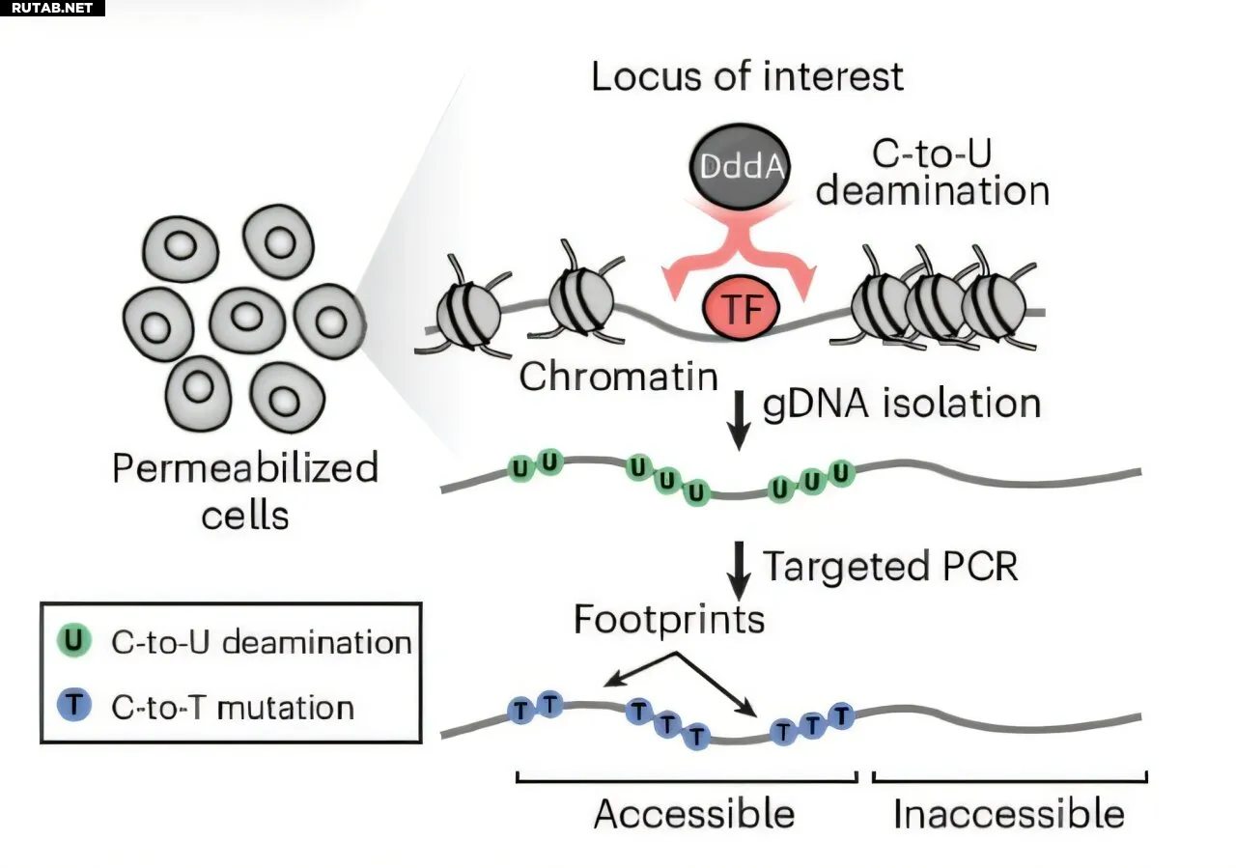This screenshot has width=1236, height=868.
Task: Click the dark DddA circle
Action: click(741, 170)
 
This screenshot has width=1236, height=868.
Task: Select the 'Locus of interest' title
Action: click(747, 76)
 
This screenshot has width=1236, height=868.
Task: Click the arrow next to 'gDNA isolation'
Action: click(739, 417)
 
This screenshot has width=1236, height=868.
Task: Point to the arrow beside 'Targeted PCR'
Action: click(739, 569)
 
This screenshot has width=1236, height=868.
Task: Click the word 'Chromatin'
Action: click(619, 377)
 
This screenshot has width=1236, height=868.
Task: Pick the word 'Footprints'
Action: click(668, 619)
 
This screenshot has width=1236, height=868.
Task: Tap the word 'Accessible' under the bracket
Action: click(693, 814)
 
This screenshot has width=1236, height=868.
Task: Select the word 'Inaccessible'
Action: click(1009, 814)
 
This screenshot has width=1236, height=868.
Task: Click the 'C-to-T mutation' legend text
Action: click(233, 708)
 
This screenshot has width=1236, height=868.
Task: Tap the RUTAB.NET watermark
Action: click(52, 9)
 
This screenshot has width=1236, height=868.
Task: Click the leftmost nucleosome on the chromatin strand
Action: click(468, 314)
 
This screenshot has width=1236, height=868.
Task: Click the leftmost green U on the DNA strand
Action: click(521, 468)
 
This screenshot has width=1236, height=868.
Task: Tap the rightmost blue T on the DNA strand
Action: click(842, 715)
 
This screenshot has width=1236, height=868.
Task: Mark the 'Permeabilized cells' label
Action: click(245, 490)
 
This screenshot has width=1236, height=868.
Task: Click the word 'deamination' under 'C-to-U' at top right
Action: click(932, 190)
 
